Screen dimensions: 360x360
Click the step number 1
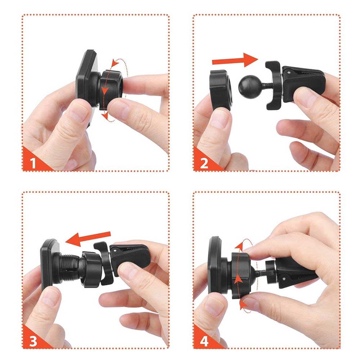(x=33, y=163)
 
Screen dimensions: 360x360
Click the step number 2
(x=204, y=163)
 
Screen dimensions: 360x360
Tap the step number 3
(x=33, y=341)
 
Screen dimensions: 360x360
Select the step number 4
(x=204, y=341)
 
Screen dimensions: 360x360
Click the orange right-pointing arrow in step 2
(x=235, y=60)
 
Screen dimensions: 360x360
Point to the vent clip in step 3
(x=121, y=262)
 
